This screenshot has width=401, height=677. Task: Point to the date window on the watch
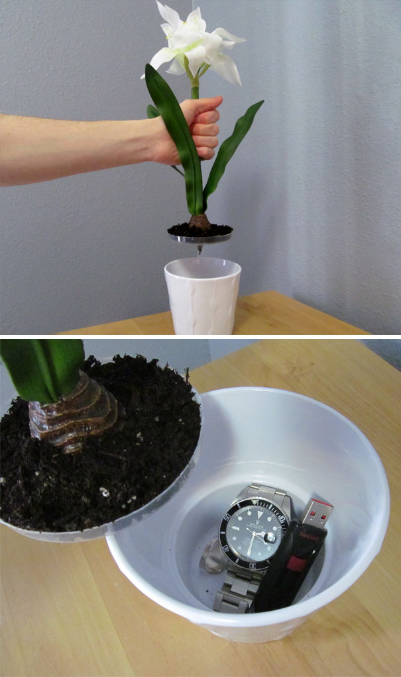click(x=270, y=539)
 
